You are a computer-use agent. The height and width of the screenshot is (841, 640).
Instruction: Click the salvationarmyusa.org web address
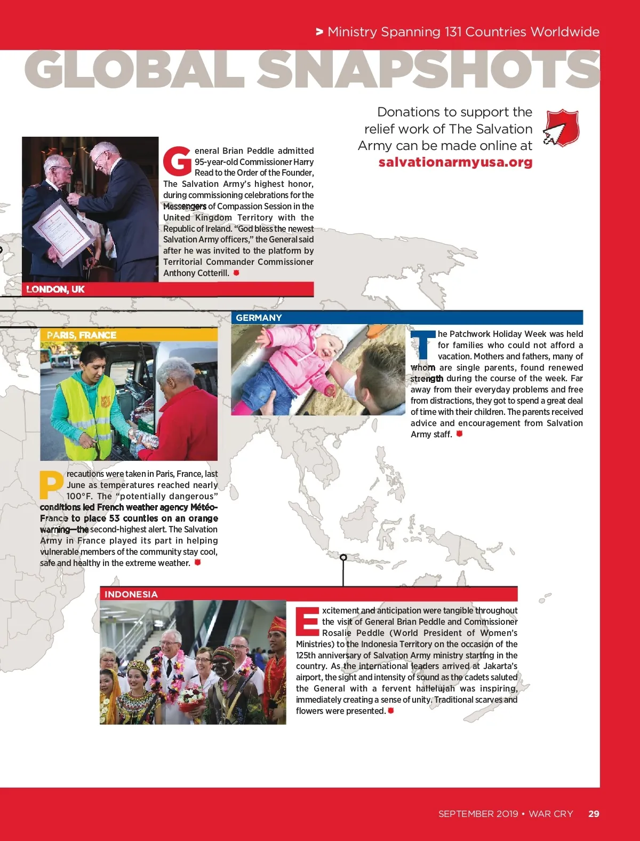point(455,162)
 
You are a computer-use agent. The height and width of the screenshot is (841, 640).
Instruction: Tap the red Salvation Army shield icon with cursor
point(562,128)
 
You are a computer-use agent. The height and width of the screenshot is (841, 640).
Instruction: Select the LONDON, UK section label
point(55,289)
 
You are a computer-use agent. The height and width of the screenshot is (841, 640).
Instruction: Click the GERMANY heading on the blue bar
point(259,318)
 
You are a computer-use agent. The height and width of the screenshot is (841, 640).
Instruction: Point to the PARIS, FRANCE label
point(82,335)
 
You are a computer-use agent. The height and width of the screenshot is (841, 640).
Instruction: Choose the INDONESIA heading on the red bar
point(131,594)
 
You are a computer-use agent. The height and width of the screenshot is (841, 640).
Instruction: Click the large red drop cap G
point(177,161)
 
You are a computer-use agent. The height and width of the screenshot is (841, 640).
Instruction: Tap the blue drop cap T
point(423,345)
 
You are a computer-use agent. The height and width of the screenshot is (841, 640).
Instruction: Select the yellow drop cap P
point(51,485)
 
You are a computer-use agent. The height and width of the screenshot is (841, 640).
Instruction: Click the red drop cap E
point(307,622)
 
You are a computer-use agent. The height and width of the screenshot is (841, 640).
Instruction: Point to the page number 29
point(594,814)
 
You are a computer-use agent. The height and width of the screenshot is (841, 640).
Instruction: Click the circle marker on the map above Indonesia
point(343,557)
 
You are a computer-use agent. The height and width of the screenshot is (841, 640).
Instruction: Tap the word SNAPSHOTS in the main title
point(429,70)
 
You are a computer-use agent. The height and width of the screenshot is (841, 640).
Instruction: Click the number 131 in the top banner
point(453,32)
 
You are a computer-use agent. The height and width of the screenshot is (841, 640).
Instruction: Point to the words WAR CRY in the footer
point(551,814)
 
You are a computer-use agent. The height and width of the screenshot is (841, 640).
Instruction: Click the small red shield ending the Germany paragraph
point(459,434)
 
